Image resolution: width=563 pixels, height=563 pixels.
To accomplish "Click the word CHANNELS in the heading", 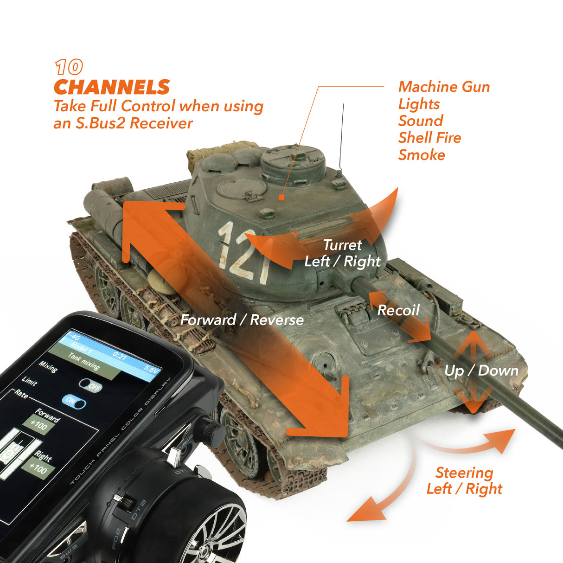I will pos(112,87).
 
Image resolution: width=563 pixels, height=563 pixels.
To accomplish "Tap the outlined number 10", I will pos(69,68).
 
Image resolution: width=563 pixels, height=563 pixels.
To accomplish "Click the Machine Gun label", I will pos(444,87).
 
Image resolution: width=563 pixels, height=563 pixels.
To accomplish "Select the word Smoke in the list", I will pos(422,155).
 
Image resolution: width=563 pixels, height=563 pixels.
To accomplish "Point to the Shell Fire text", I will pos(429,138).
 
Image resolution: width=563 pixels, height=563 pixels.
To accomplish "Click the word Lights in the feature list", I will pos(419,104).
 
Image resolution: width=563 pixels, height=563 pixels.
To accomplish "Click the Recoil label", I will pos(398,310).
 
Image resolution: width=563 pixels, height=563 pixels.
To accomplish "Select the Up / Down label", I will pos(481,371).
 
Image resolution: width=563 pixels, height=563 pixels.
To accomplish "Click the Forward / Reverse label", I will pos(242,320).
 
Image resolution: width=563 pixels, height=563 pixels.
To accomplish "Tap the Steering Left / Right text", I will pos(464,480).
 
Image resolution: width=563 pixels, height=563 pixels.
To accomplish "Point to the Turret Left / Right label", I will pos(342,253).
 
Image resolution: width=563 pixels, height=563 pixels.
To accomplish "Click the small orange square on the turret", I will pos(281,197).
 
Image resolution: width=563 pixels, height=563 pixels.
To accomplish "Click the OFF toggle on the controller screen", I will pos(90,385).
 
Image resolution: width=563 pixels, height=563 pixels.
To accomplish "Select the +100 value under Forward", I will pos(38,424).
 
